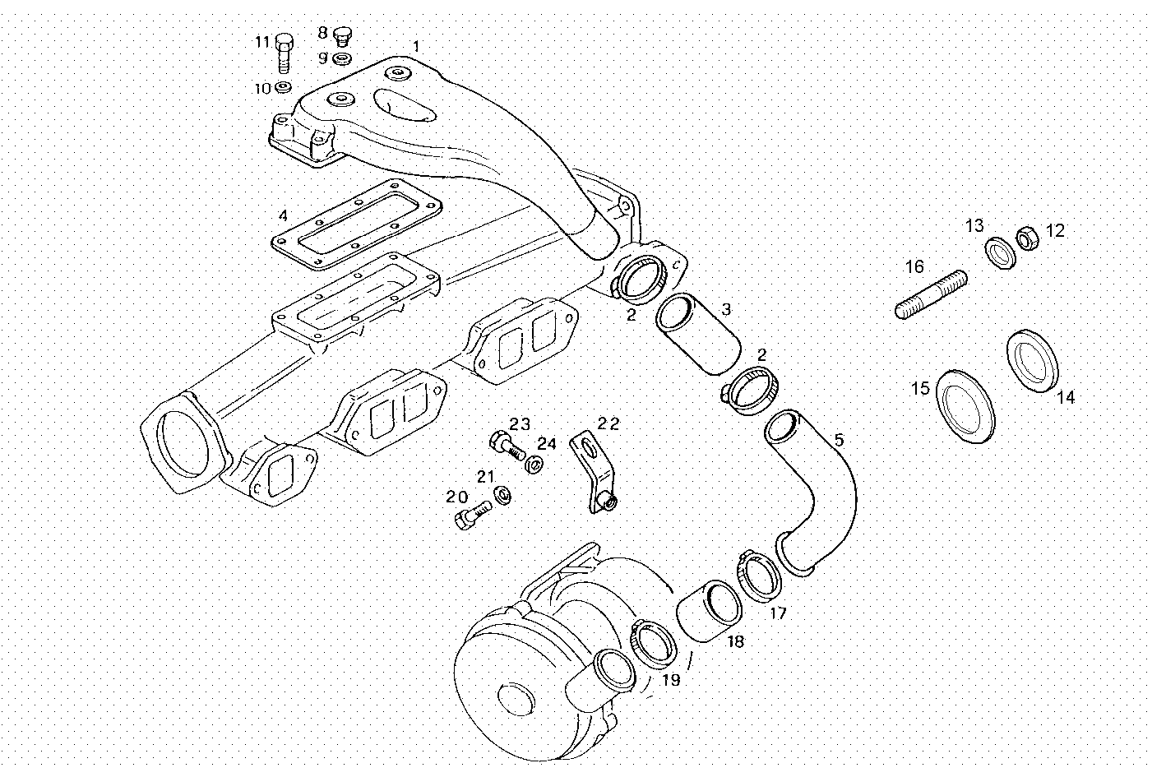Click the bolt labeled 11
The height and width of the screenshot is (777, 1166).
coord(284,53)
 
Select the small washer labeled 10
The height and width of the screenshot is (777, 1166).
coord(283,87)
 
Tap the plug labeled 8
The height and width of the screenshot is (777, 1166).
coord(342,35)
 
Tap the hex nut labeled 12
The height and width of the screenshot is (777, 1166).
coord(1026,238)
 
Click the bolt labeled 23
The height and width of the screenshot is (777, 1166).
coord(503,445)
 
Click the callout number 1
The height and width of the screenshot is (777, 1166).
coord(416,46)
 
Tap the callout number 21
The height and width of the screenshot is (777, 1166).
coord(486,477)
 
